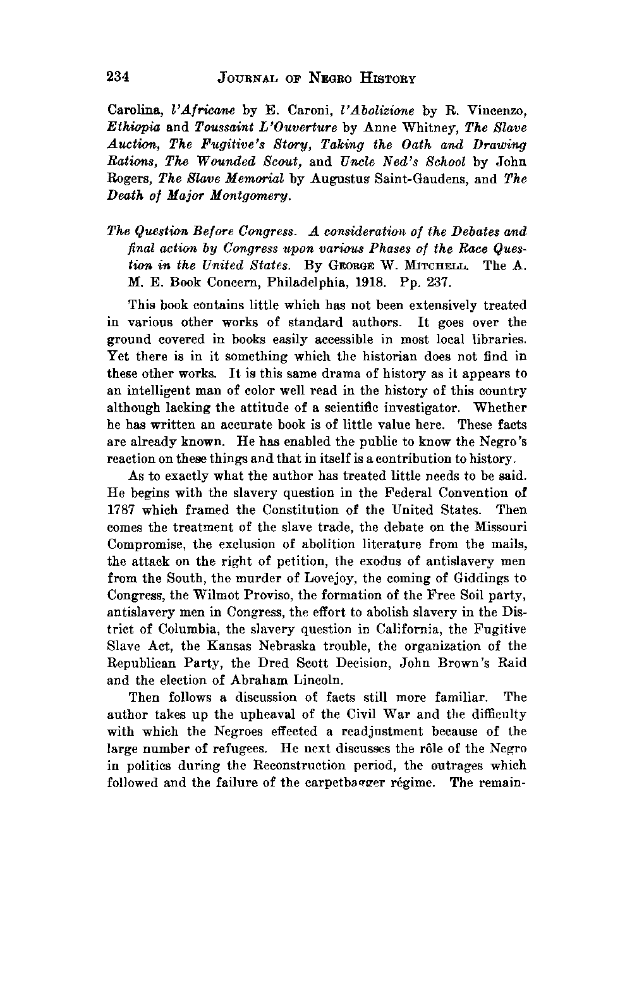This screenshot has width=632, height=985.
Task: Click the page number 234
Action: point(118,77)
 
